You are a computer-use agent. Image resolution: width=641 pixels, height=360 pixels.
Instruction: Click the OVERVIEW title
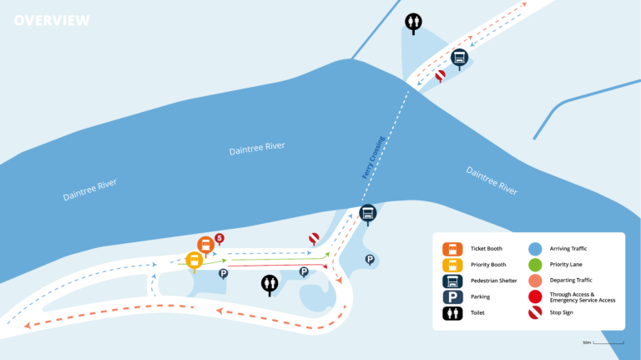[52, 20]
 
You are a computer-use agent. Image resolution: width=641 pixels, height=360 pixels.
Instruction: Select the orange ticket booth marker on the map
[205, 246]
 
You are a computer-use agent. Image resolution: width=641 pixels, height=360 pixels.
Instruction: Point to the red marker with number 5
[220, 239]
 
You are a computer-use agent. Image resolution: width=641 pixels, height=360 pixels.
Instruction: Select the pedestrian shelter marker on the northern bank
[459, 58]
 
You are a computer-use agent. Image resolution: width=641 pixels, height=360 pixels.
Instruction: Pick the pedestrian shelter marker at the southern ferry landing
[367, 213]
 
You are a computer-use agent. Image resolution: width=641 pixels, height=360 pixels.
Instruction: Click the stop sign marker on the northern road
[440, 75]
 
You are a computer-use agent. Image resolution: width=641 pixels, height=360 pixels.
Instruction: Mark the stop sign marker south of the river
[314, 239]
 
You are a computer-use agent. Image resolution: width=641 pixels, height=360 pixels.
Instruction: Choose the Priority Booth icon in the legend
[452, 264]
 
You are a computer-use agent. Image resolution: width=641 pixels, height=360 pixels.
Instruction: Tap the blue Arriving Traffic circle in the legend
[535, 248]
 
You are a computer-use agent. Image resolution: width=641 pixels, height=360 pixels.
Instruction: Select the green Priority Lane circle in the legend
[535, 264]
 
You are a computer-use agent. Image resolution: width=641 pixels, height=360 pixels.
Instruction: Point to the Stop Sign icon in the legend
[535, 312]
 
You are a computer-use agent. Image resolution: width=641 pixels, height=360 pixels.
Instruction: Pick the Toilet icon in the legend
[452, 312]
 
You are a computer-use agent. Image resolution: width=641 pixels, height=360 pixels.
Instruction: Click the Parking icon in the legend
[452, 297]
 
